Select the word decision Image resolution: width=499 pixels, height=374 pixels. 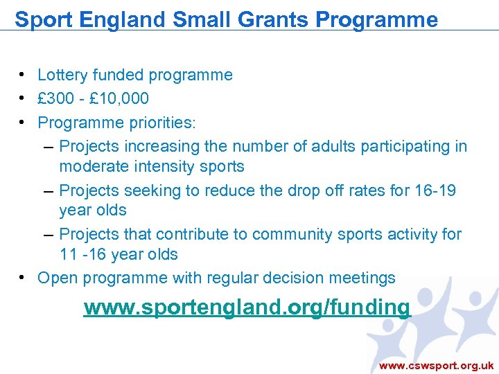[x=304, y=278]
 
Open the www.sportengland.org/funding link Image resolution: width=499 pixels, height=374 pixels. [x=247, y=307]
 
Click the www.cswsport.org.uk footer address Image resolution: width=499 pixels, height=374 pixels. [x=436, y=365]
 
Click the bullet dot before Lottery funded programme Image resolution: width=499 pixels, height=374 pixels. [x=23, y=74]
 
